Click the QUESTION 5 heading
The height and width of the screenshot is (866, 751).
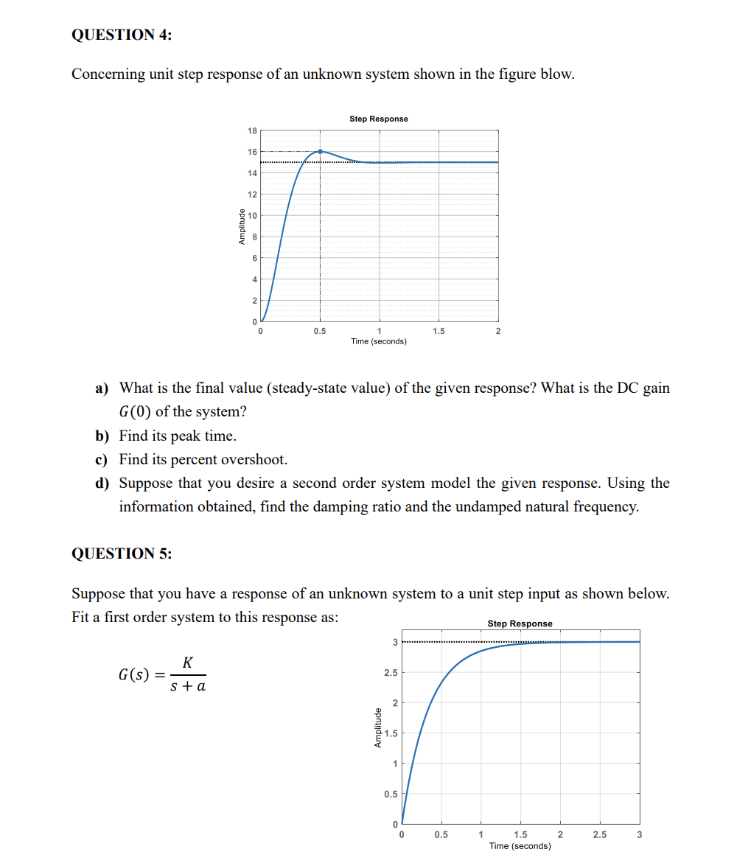click(122, 554)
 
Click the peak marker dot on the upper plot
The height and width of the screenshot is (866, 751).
click(320, 151)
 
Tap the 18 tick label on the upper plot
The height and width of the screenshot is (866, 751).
click(252, 130)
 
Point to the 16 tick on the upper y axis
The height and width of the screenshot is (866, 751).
click(252, 152)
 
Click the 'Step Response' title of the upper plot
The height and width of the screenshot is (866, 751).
click(378, 119)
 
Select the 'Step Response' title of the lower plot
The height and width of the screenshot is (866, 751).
click(520, 624)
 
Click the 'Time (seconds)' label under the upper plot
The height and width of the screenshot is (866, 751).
click(378, 341)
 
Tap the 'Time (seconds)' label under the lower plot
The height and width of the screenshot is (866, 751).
click(520, 846)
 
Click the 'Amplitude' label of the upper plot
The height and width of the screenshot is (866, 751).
click(241, 227)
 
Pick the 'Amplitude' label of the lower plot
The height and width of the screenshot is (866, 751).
click(377, 728)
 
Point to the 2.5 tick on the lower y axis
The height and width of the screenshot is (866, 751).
click(391, 673)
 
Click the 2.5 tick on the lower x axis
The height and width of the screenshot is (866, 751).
click(599, 835)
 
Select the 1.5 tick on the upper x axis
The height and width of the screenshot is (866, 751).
click(439, 332)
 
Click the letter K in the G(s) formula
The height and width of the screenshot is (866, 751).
click(187, 663)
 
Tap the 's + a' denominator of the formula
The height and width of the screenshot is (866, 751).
click(187, 686)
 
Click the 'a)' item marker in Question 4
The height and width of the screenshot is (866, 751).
click(103, 388)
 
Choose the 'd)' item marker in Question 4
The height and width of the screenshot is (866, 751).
click(103, 483)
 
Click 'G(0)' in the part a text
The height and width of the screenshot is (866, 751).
click(135, 412)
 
